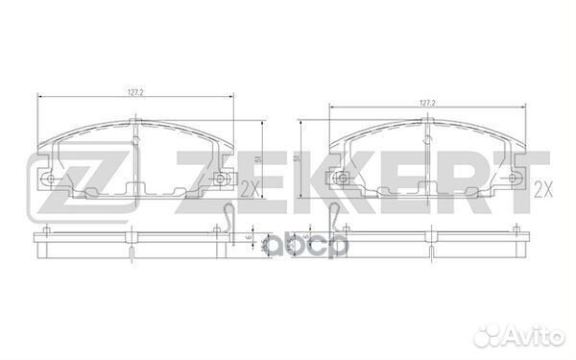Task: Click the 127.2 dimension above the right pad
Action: click(x=428, y=101)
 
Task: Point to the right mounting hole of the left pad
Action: click(x=223, y=179)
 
